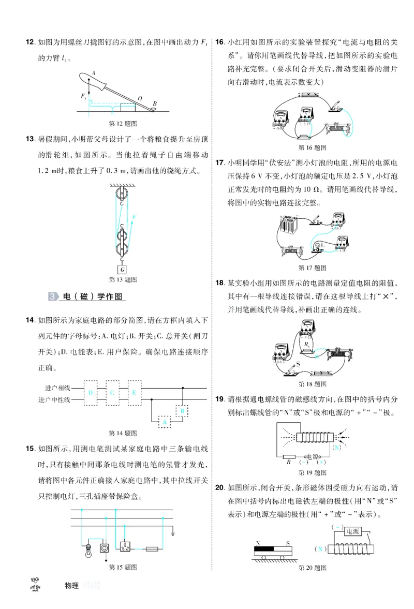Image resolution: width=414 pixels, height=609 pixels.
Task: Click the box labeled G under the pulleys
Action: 123,269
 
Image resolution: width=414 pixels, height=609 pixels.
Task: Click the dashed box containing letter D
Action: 91,393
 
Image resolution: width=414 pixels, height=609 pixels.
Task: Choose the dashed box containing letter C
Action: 112,393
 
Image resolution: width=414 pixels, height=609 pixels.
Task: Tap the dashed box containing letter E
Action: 134,393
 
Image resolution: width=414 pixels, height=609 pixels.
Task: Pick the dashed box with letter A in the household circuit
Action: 165,422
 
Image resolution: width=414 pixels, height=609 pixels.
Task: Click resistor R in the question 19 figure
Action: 290,456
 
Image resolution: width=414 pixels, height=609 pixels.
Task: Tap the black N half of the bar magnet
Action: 265,547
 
